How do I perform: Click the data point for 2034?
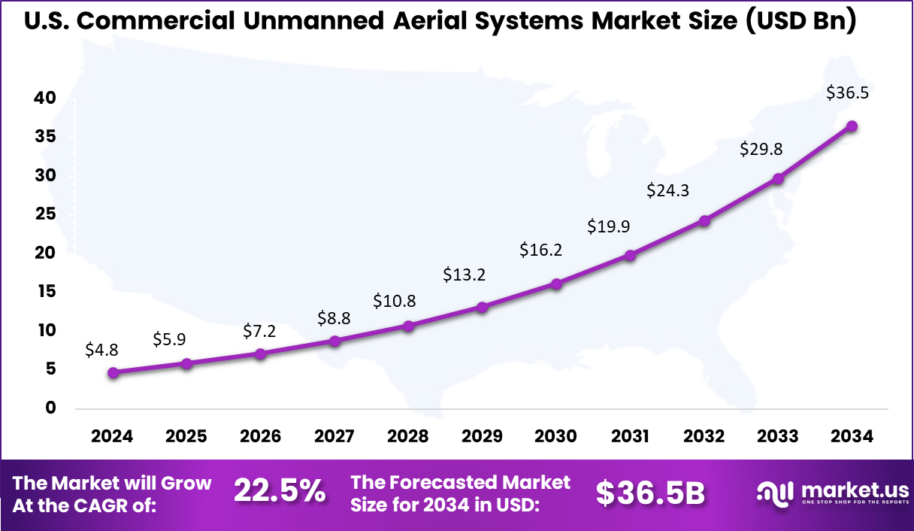(x=852, y=126)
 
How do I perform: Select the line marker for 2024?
(x=113, y=372)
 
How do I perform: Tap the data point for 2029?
(x=483, y=307)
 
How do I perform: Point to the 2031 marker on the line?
(x=630, y=256)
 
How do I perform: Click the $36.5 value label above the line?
(x=847, y=93)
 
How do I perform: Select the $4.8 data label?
(x=101, y=350)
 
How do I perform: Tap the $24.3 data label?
(x=668, y=191)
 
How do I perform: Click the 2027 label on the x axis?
(x=334, y=437)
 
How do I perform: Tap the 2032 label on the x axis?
(x=704, y=437)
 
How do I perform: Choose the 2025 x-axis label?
(x=186, y=437)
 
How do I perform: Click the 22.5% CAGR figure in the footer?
(x=280, y=492)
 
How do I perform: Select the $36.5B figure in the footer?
(x=651, y=493)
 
